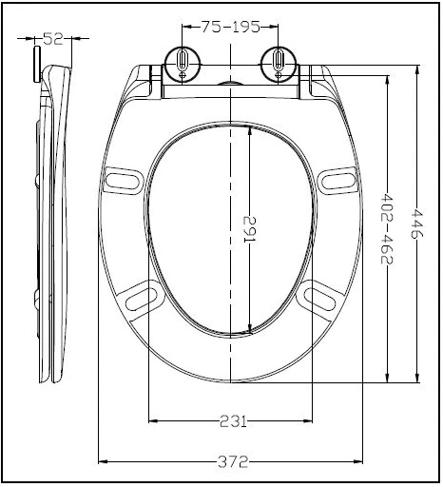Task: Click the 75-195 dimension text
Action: [x=229, y=28]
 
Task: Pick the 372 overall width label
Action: [x=232, y=462]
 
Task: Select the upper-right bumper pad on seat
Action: [x=337, y=178]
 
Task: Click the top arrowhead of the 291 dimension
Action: [x=250, y=131]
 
